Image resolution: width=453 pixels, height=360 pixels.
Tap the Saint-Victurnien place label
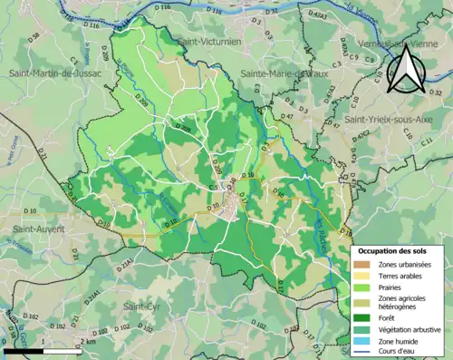pyautogui.click(x=214, y=42)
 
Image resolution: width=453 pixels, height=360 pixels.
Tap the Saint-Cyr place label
pyautogui.click(x=142, y=306)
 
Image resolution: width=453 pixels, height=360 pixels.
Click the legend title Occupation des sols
pyautogui.click(x=395, y=248)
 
